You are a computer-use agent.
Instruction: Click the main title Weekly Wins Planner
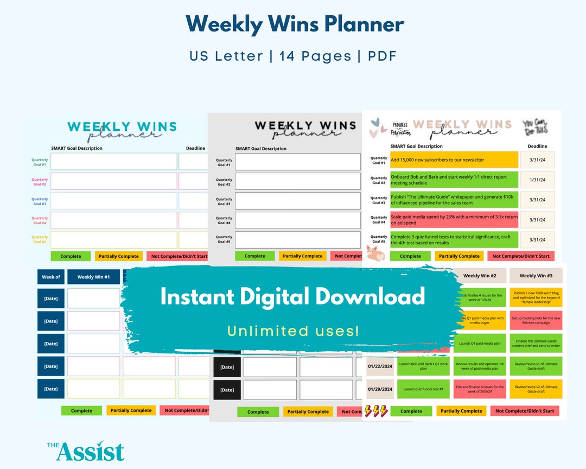[295, 24]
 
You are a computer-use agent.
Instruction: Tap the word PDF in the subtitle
[382, 56]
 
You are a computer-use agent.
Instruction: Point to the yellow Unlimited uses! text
[293, 331]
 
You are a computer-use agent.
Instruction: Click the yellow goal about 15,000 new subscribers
[454, 160]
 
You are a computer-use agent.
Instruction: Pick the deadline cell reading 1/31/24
[537, 180]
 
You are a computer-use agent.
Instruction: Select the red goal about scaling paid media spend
[454, 220]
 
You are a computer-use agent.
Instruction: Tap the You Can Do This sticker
[535, 128]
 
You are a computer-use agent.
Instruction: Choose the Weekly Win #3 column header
[536, 276]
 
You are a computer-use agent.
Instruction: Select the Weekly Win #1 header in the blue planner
[93, 277]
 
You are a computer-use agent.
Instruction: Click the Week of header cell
[51, 277]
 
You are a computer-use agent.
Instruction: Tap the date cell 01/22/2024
[380, 366]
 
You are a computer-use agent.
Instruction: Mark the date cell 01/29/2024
[380, 389]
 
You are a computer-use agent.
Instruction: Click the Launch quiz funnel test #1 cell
[423, 389]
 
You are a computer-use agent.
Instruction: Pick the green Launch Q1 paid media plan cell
[480, 344]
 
